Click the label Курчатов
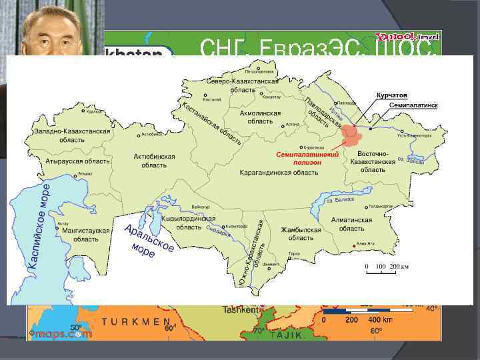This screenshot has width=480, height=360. [392, 96]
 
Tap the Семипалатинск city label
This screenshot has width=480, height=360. [413, 106]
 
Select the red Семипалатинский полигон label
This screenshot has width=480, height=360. [308, 159]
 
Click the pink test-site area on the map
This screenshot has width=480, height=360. [350, 135]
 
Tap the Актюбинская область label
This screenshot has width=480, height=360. [154, 161]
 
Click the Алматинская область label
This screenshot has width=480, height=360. [351, 224]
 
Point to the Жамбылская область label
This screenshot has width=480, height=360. [301, 234]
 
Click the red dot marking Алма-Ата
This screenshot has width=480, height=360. [353, 247]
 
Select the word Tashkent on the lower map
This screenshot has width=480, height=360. [241, 310]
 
